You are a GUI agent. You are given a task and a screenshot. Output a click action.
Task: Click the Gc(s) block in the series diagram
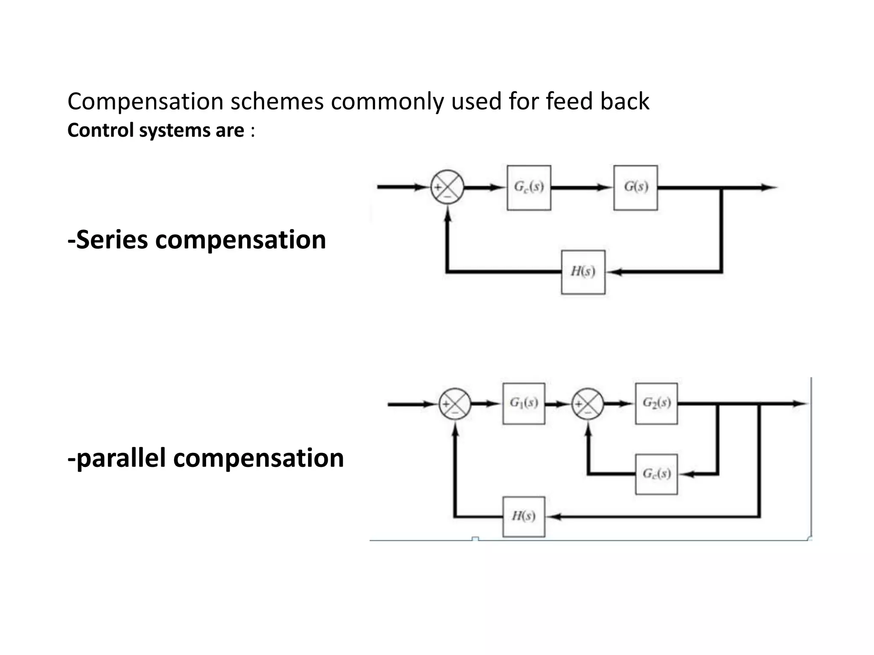pos(529,188)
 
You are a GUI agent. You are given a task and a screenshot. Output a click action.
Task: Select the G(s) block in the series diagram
pos(635,188)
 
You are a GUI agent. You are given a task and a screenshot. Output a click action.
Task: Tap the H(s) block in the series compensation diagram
pos(583,272)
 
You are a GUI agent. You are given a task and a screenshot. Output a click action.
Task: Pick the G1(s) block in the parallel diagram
pos(524,403)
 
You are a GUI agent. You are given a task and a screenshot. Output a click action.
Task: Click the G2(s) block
pos(656,403)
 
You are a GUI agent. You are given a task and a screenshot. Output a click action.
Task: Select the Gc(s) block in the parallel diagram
pos(656,474)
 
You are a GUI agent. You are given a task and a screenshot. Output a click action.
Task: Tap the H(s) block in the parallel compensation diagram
pos(524,516)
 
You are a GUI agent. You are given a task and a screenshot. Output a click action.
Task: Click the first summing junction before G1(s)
pos(455,404)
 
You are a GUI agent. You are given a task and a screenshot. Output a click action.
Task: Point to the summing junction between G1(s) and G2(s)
pos(588,404)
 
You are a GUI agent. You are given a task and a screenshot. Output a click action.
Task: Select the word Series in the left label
pos(112,240)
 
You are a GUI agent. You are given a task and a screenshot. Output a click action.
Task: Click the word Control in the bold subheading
pos(101,130)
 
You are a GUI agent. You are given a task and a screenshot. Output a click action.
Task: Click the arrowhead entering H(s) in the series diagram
pos(615,272)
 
